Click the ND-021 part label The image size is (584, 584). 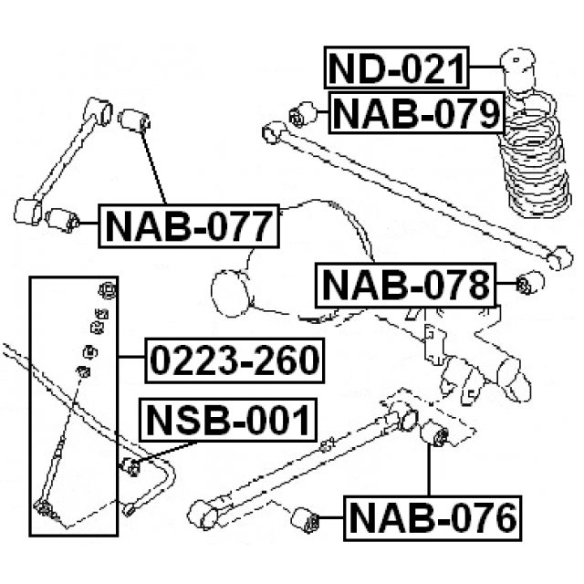[396, 68]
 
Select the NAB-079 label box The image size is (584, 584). [416, 112]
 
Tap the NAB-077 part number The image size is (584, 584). [189, 226]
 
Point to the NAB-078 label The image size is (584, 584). [405, 286]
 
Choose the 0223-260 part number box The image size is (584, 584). [235, 360]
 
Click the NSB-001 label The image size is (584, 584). [228, 420]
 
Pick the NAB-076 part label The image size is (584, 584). [433, 518]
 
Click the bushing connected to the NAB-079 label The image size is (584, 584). [303, 114]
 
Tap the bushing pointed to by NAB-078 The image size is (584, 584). [530, 283]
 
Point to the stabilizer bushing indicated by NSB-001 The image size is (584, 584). [131, 467]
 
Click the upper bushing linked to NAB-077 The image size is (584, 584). [134, 120]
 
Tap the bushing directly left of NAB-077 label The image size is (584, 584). [63, 220]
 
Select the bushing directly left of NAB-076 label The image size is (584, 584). [305, 520]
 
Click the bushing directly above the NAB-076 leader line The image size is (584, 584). [434, 433]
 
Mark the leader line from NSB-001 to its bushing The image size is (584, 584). [166, 452]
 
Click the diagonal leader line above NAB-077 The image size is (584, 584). [153, 167]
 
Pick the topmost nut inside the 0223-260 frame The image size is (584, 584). [108, 290]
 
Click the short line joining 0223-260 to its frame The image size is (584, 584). [131, 357]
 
